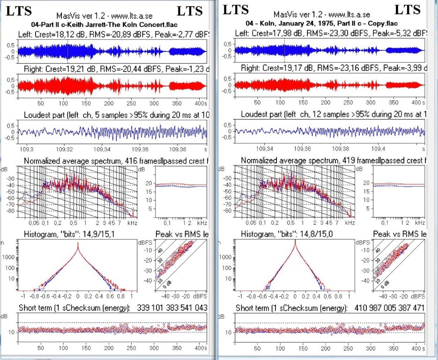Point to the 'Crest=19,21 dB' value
point(63,69)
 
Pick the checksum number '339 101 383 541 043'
point(171,307)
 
